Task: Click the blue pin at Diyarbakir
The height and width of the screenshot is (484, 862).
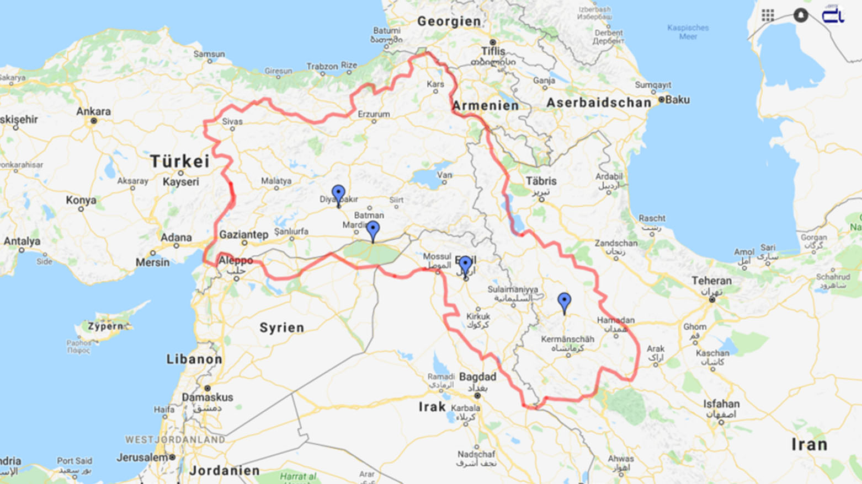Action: [338, 195]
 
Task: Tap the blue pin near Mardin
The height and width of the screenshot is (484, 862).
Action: [373, 230]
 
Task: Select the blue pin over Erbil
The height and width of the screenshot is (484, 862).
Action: [465, 265]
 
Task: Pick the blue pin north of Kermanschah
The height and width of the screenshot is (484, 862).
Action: [564, 302]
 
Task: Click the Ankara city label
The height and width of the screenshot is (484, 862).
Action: [93, 111]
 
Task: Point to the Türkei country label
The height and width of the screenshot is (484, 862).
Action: [180, 162]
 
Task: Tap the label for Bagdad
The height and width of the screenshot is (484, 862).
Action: [477, 377]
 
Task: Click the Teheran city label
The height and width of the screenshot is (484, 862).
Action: [711, 281]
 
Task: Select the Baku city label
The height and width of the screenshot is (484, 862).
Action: [677, 100]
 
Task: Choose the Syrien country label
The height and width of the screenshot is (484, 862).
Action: [281, 328]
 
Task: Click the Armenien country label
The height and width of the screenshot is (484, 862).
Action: [486, 106]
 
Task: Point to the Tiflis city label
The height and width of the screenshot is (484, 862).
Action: [493, 51]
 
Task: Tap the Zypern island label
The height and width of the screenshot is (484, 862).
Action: [105, 326]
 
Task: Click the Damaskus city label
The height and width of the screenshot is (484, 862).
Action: [207, 397]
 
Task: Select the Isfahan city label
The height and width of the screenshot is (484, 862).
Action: [721, 404]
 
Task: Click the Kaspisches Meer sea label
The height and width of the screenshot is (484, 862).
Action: [688, 32]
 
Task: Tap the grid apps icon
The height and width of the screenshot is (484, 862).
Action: [768, 15]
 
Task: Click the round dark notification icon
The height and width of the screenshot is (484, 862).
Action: [801, 15]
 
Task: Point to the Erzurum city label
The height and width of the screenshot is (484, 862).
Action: [374, 114]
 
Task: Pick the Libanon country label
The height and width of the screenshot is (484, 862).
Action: [194, 359]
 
